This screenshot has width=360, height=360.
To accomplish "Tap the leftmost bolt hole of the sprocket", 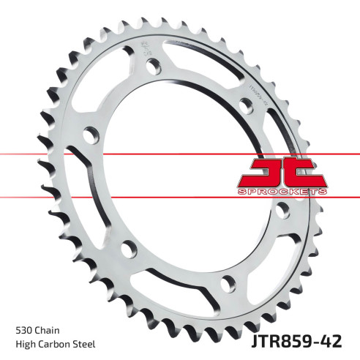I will click(90, 136).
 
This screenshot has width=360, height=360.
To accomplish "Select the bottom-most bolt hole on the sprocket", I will click(226, 279).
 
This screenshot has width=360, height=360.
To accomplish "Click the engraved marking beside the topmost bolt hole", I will click(139, 53).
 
